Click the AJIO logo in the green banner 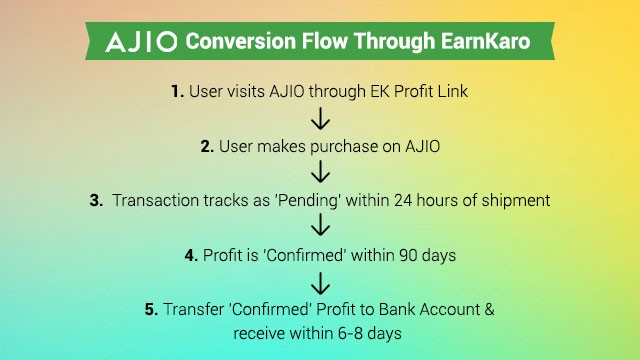click(x=141, y=42)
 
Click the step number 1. click(x=177, y=91)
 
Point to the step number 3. click(x=96, y=200)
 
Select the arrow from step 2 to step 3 click(x=320, y=173)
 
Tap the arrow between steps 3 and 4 click(x=320, y=228)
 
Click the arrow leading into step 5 click(x=320, y=283)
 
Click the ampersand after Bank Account click(x=490, y=310)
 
